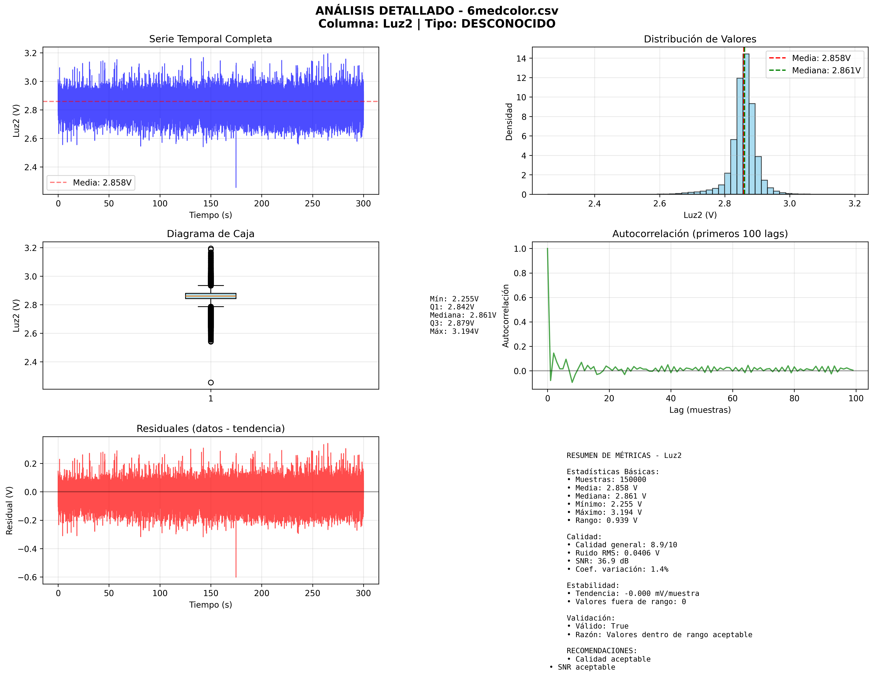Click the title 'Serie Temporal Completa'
coord(210,39)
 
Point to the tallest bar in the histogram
coord(746,124)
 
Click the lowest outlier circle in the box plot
coord(211,383)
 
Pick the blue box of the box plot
coord(211,296)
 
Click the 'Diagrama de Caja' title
coord(210,234)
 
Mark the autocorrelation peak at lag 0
coord(547,249)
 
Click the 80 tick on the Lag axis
coord(794,398)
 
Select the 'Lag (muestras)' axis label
coord(700,410)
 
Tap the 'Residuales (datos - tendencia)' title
coord(210,429)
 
